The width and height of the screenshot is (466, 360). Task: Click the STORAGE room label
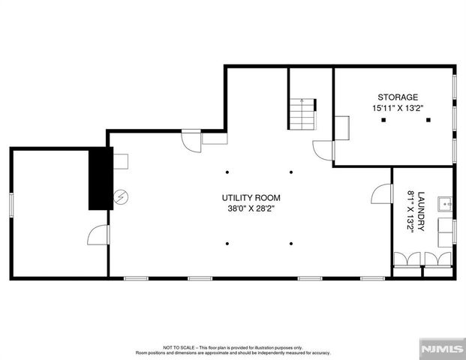398,97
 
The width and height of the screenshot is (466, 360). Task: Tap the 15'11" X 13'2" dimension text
398,108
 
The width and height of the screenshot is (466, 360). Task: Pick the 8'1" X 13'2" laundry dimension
410,210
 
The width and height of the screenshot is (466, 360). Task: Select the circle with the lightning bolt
120,198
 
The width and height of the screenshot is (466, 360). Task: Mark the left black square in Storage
383,120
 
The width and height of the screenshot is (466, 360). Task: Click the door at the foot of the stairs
323,150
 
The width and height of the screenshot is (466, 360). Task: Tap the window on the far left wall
11,205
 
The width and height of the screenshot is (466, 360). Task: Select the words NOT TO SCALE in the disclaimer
179,348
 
